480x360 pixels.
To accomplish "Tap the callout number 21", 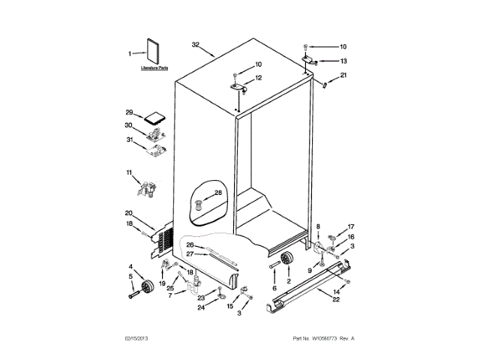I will (343, 76).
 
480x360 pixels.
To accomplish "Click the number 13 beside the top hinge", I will (343, 61).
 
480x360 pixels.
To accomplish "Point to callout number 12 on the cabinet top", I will (258, 78).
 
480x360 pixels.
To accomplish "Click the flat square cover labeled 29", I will (156, 117).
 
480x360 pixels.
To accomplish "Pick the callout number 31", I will (129, 139).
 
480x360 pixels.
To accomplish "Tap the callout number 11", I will (129, 174).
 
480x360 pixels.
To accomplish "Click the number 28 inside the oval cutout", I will (218, 193).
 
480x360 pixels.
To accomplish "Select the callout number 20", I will (129, 212).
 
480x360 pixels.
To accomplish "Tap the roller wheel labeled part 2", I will (285, 259).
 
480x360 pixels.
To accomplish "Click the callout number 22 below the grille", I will (335, 298).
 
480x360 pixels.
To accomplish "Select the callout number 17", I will (350, 226).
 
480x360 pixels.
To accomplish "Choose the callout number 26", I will (190, 244).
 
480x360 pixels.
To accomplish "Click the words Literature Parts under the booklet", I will (154, 68).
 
